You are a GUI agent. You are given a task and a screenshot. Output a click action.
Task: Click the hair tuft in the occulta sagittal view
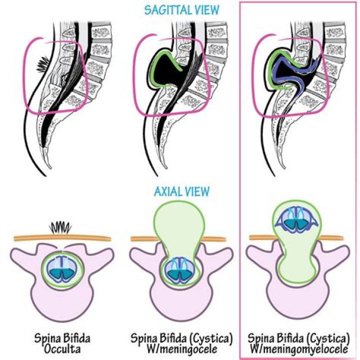click(43, 64)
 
